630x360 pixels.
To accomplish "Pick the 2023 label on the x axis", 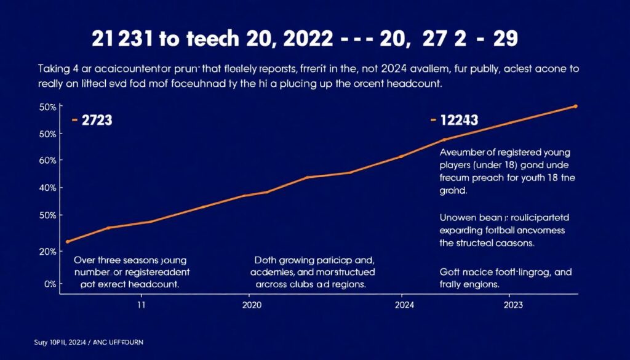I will click(514, 305).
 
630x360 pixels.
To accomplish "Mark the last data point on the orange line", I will click(575, 106).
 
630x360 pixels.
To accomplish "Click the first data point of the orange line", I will click(67, 241).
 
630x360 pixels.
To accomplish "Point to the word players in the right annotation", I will click(456, 166).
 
